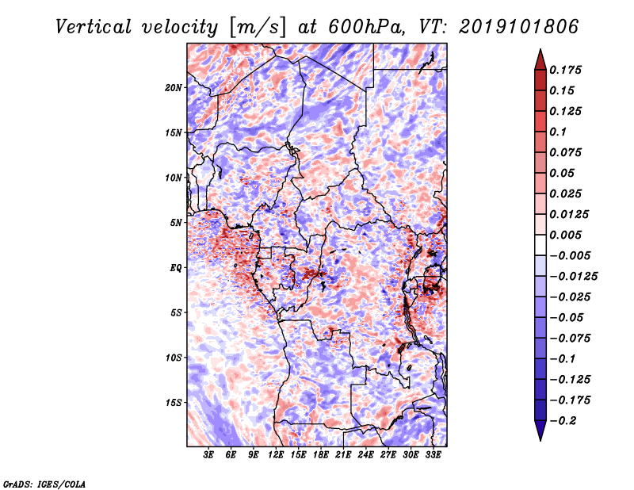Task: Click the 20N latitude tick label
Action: click(174, 88)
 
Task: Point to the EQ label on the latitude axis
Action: click(176, 268)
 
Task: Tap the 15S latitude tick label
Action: click(174, 403)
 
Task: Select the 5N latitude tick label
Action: click(176, 223)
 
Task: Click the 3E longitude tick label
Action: click(208, 454)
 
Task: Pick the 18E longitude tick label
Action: click(321, 454)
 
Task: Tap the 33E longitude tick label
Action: click(433, 454)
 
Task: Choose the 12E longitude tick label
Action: click(276, 454)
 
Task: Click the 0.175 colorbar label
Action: click(565, 70)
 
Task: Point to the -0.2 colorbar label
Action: click(563, 421)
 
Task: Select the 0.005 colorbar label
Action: click(565, 235)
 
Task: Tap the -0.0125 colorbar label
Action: click(574, 277)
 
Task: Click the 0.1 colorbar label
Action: click(558, 132)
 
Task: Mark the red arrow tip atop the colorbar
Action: click(540, 49)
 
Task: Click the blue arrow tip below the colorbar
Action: click(540, 441)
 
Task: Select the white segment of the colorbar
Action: click(540, 245)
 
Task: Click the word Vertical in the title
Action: click(93, 27)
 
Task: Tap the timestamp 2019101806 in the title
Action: click(519, 27)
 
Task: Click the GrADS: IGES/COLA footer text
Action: click(44, 484)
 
